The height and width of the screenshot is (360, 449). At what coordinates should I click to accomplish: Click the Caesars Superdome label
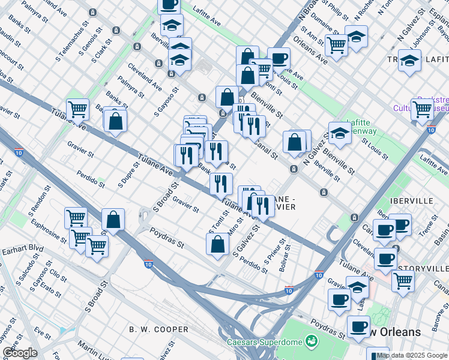pyautogui.click(x=264, y=343)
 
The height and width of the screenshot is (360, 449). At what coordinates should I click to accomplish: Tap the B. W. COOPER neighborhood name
pyautogui.click(x=158, y=329)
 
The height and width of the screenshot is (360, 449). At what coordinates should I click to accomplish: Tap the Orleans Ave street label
pyautogui.click(x=310, y=50)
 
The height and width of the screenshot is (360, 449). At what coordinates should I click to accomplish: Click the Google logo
pyautogui.click(x=20, y=353)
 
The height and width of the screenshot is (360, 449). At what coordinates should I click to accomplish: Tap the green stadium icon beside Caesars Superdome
pyautogui.click(x=311, y=342)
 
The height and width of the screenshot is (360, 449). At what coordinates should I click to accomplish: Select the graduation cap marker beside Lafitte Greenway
pyautogui.click(x=340, y=134)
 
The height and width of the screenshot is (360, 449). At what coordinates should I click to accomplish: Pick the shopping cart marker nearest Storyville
pyautogui.click(x=403, y=280)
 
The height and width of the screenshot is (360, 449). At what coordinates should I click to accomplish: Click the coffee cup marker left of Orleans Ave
pyautogui.click(x=279, y=59)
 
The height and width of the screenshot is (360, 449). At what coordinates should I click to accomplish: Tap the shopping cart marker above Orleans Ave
pyautogui.click(x=336, y=44)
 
